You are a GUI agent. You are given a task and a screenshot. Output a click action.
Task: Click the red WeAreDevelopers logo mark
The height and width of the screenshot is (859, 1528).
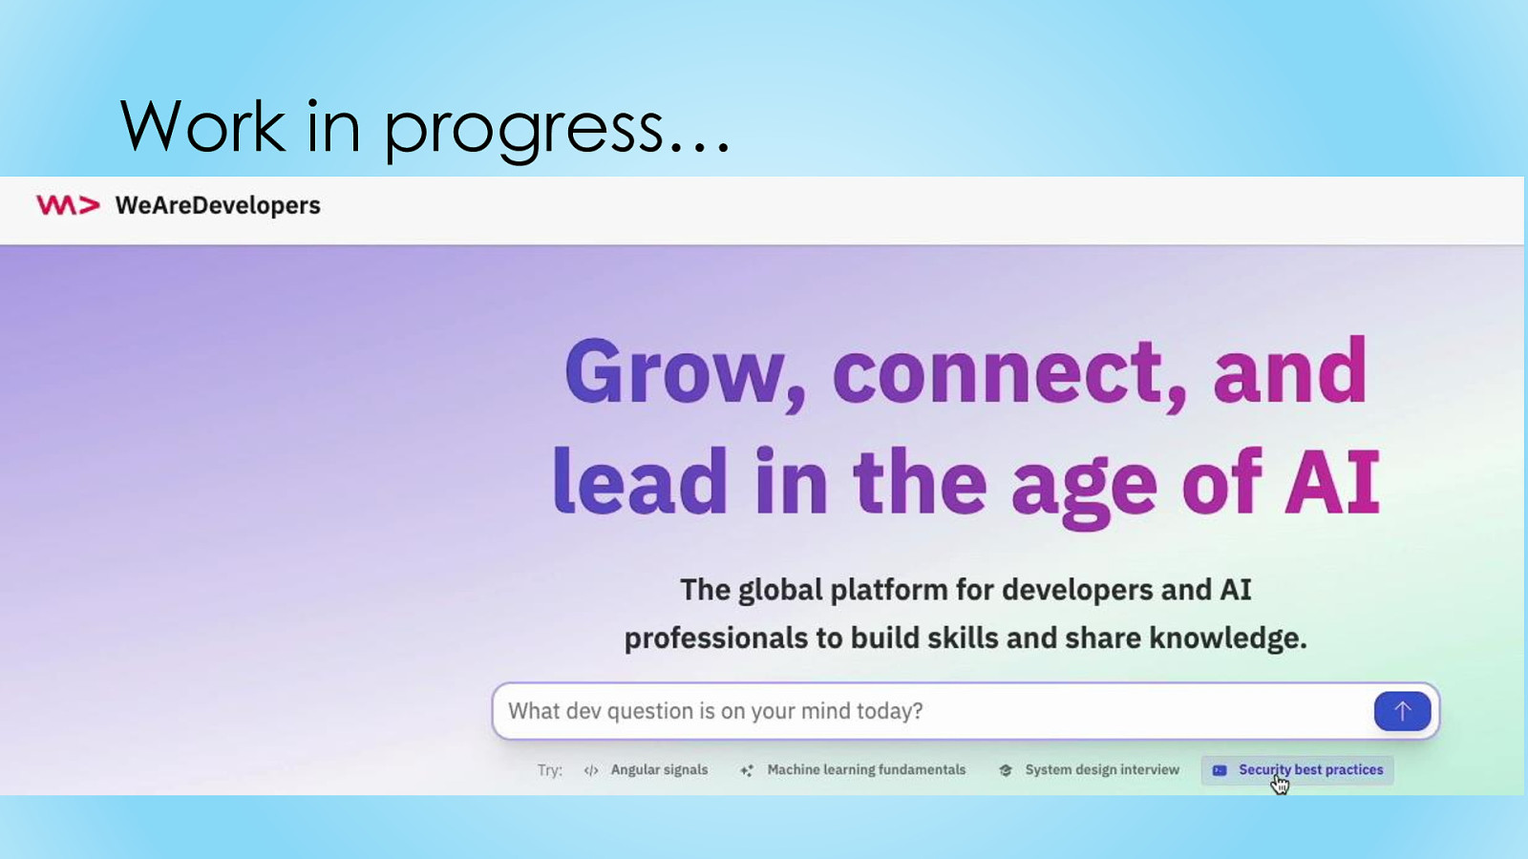pyautogui.click(x=68, y=205)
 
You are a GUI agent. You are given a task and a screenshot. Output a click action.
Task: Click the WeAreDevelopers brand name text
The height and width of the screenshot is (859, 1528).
pyautogui.click(x=218, y=205)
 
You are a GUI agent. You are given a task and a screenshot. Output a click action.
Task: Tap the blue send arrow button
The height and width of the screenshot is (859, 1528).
pyautogui.click(x=1402, y=711)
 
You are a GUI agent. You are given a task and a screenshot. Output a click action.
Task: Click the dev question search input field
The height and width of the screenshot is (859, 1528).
pyautogui.click(x=932, y=711)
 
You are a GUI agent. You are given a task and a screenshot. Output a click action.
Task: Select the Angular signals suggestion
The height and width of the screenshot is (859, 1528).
pyautogui.click(x=659, y=769)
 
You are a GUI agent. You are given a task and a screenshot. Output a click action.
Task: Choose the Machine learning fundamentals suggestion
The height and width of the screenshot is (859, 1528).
pyautogui.click(x=866, y=769)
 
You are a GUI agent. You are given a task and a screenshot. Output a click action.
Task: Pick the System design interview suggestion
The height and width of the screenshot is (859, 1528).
pyautogui.click(x=1102, y=769)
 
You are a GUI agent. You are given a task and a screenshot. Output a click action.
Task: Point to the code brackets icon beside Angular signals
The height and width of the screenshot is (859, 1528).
pyautogui.click(x=591, y=770)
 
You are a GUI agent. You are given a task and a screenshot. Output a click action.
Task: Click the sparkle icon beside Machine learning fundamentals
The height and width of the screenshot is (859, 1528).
pyautogui.click(x=747, y=770)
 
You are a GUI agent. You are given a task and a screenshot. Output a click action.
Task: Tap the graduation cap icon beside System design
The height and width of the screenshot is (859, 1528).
pyautogui.click(x=1005, y=770)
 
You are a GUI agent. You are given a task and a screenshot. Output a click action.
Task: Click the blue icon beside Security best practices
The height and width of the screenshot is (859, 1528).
pyautogui.click(x=1220, y=770)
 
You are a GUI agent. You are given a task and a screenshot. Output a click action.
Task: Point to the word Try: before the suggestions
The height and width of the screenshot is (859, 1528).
pyautogui.click(x=550, y=770)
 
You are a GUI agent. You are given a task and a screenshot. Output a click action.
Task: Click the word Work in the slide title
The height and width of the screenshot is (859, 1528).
pyautogui.click(x=202, y=126)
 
